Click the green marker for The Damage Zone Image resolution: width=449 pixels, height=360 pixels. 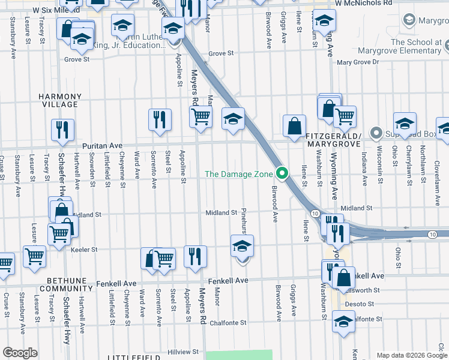(x=283, y=175)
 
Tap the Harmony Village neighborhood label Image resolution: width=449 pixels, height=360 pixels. (x=59, y=100)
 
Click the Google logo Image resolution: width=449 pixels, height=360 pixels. (x=20, y=353)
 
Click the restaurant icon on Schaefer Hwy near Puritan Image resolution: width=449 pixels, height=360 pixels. (x=62, y=130)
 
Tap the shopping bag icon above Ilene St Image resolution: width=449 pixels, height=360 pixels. (x=294, y=127)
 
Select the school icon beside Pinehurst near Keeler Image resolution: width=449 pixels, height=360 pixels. (x=243, y=246)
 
